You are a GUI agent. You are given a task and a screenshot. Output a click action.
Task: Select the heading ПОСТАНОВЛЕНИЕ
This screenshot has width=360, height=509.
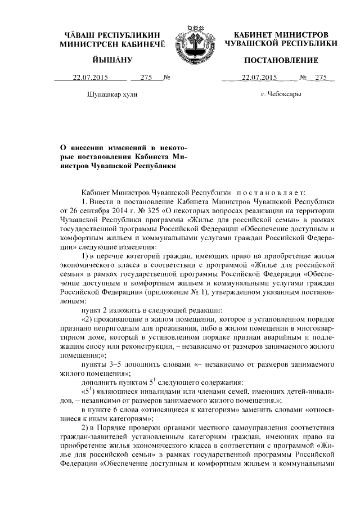click(281, 60)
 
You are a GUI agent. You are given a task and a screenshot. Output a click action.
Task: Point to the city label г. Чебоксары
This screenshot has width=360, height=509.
click(281, 94)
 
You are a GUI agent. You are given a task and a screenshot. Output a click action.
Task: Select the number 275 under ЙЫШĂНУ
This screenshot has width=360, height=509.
click(147, 77)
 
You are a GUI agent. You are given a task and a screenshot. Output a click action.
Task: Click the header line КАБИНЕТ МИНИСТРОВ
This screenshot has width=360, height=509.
click(281, 34)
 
